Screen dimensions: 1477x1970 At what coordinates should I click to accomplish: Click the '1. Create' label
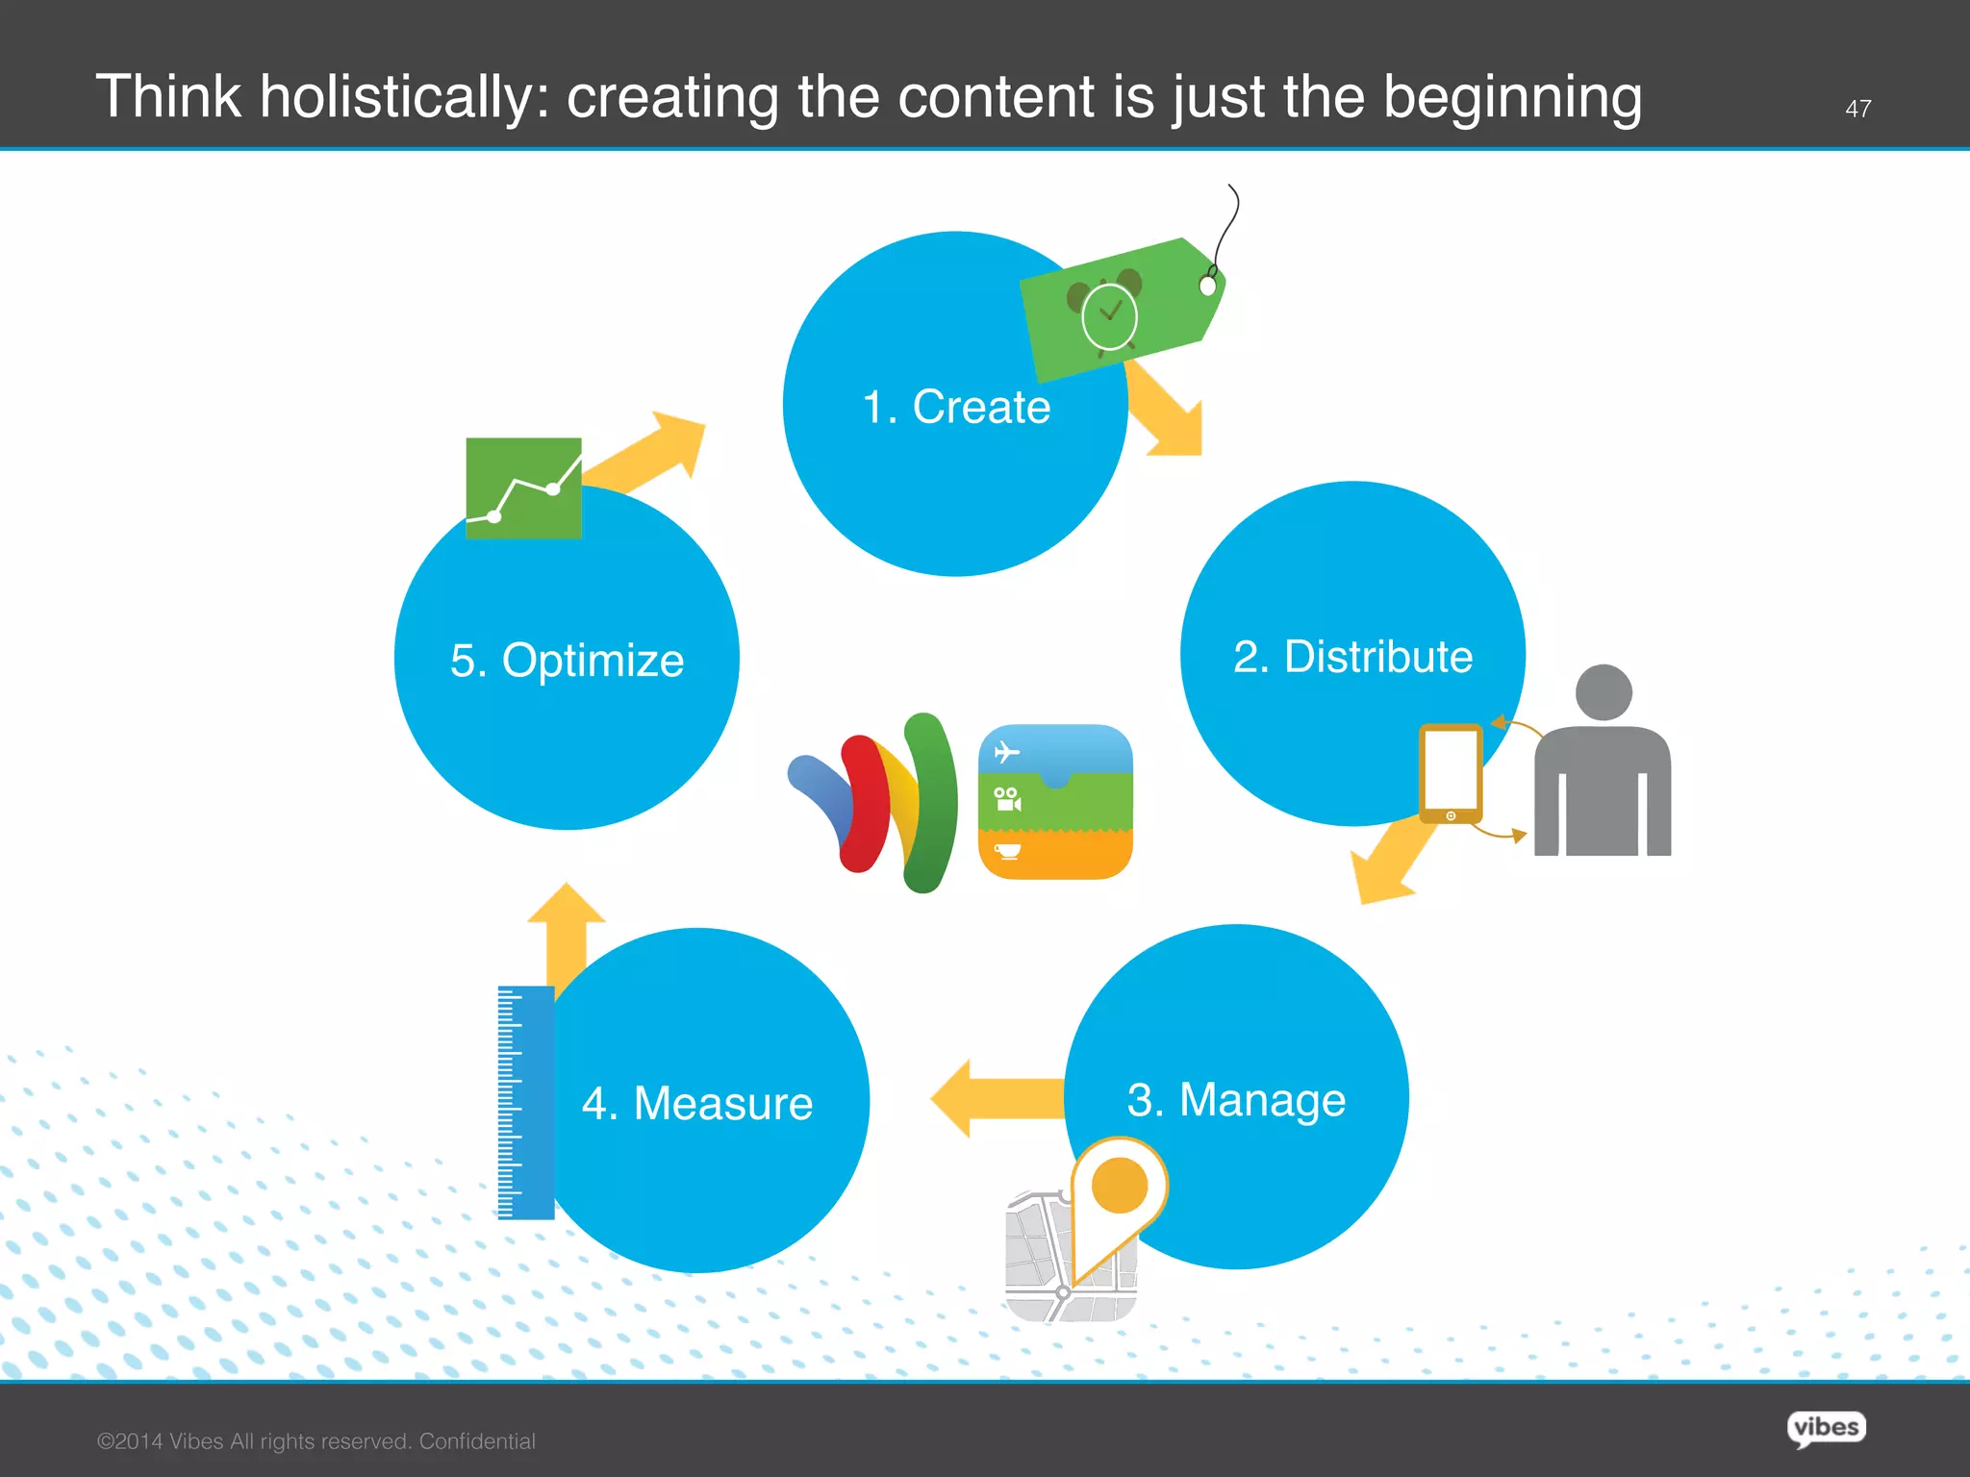(x=956, y=407)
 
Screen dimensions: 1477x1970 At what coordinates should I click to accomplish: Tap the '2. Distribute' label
(x=1352, y=657)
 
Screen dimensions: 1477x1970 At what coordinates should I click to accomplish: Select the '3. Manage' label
(x=1236, y=1099)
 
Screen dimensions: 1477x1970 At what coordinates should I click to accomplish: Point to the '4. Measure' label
(x=697, y=1103)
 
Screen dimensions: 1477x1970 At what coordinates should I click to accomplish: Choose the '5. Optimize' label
(x=567, y=661)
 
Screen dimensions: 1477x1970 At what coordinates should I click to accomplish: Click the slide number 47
(x=1857, y=109)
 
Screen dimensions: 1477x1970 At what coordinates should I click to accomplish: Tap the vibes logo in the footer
(x=1826, y=1427)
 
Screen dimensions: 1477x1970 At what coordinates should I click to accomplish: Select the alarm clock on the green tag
(x=1108, y=314)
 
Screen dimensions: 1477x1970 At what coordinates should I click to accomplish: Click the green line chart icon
(x=523, y=488)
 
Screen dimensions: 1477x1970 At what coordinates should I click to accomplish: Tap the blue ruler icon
(x=526, y=1102)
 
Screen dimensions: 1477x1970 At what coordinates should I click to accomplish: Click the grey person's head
(x=1604, y=691)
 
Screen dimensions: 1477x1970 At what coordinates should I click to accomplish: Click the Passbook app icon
(x=1055, y=801)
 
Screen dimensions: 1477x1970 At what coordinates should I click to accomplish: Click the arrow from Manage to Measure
(x=996, y=1098)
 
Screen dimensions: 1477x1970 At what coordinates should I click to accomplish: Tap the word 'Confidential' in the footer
(x=477, y=1441)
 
